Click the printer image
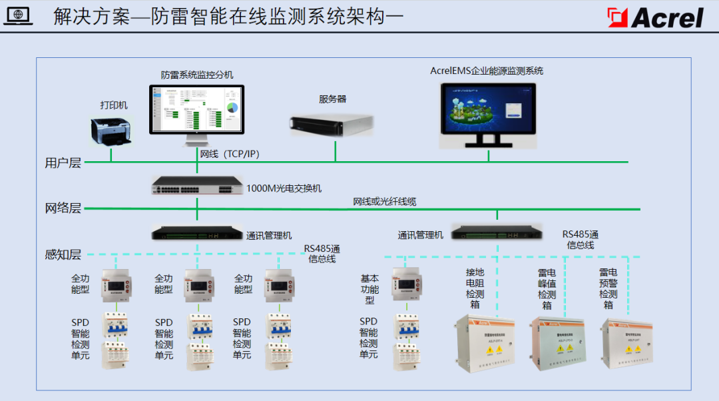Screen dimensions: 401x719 111,131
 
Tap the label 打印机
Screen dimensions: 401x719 114,105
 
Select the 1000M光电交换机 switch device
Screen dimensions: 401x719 197,186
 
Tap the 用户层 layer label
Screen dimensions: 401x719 63,163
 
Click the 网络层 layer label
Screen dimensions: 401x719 63,208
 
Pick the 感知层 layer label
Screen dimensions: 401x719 63,254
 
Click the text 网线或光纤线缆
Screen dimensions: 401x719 385,201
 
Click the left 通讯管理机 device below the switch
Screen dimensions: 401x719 197,232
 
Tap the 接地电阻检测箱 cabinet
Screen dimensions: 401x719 485,342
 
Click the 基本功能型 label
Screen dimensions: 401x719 369,290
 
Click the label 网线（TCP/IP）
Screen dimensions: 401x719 230,155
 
